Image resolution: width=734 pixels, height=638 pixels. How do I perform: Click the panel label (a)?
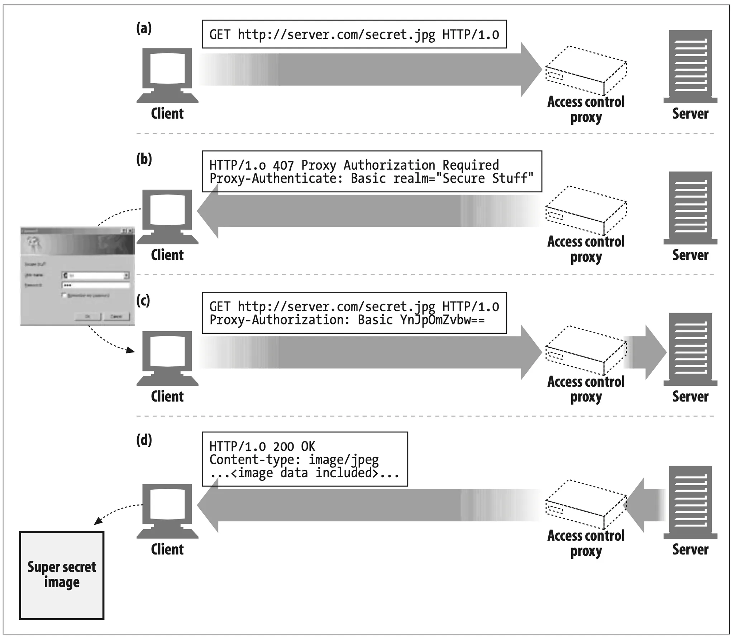click(x=144, y=28)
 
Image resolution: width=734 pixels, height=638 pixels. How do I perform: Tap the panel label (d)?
click(x=144, y=440)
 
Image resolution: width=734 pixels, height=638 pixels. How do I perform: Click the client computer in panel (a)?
click(x=167, y=75)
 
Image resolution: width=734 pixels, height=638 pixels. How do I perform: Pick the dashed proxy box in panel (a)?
click(x=586, y=70)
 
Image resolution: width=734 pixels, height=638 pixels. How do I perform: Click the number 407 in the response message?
click(x=283, y=165)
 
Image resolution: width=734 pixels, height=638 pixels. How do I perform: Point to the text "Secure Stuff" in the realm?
click(x=485, y=178)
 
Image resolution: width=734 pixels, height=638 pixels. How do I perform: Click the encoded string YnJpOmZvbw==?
click(x=442, y=320)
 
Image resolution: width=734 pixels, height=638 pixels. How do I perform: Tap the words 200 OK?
click(x=294, y=447)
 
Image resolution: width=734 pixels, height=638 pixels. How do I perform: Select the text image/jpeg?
click(x=343, y=460)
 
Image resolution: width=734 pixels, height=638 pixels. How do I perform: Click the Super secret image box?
click(x=62, y=575)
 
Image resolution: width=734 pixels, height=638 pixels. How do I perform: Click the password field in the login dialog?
click(x=96, y=285)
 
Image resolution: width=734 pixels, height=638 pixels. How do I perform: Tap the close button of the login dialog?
click(x=130, y=231)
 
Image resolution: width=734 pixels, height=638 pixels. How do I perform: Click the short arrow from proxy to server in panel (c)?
click(x=645, y=352)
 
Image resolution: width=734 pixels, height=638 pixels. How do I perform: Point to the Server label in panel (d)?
click(x=690, y=549)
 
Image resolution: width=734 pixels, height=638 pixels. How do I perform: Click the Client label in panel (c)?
click(x=167, y=397)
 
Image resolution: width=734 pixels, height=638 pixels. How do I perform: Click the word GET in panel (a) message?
click(x=220, y=35)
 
